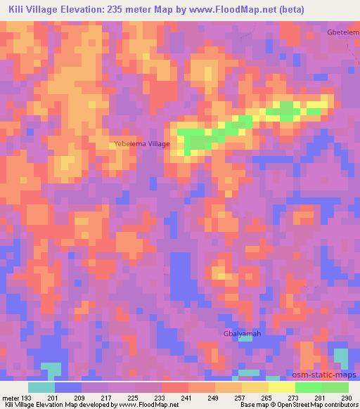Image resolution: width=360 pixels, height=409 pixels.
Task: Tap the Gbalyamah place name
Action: pos(242,333)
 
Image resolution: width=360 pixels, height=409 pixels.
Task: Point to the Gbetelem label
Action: pos(342,33)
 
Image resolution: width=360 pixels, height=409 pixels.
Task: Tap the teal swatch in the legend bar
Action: pos(41,387)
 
